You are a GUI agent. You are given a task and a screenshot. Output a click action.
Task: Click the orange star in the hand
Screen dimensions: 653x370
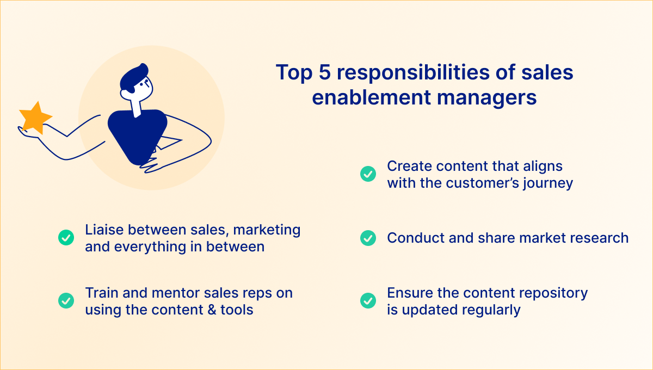pos(35,118)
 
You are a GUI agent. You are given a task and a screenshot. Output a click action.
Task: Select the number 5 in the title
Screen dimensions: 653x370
pos(325,72)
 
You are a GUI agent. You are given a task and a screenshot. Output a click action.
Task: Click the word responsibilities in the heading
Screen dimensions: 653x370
pos(414,73)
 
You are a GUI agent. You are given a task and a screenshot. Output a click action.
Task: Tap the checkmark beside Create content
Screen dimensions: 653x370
pos(368,174)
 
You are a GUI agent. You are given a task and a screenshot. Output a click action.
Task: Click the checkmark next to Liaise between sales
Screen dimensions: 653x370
pos(66,238)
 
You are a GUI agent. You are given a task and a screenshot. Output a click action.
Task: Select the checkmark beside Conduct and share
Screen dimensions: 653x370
pos(368,238)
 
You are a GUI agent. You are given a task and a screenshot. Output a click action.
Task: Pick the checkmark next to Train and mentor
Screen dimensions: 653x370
pos(66,300)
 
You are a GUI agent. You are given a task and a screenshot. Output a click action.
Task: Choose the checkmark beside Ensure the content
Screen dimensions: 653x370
pos(368,300)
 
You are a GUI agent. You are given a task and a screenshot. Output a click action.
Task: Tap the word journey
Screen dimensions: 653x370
pos(548,184)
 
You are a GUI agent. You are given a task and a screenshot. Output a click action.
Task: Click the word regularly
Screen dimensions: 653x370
pos(491,311)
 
